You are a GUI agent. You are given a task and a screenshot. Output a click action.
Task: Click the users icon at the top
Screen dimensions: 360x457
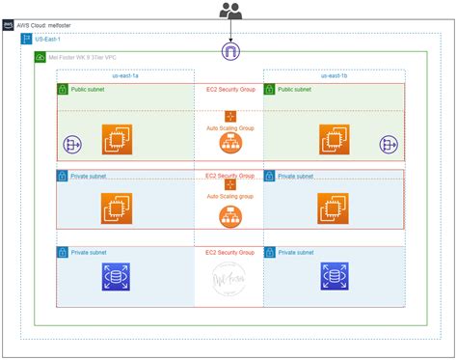(229, 11)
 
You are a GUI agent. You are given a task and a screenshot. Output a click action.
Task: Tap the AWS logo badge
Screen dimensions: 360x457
(9, 25)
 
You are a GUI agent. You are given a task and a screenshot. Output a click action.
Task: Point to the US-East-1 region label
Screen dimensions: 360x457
(48, 40)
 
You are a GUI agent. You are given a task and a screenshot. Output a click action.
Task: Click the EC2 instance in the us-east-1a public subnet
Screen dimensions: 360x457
(119, 139)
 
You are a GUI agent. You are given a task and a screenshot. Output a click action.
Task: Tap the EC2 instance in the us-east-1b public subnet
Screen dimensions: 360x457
(335, 139)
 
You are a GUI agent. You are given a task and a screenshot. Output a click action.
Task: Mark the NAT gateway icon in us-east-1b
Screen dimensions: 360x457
(389, 145)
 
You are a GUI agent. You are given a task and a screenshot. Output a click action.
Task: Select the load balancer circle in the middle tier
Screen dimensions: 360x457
(230, 216)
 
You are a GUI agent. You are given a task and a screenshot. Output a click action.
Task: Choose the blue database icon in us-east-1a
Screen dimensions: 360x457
(117, 278)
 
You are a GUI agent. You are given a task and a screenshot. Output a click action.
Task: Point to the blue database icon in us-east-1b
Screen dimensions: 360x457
(335, 278)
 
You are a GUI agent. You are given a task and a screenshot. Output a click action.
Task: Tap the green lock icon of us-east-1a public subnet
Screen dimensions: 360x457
(63, 89)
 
